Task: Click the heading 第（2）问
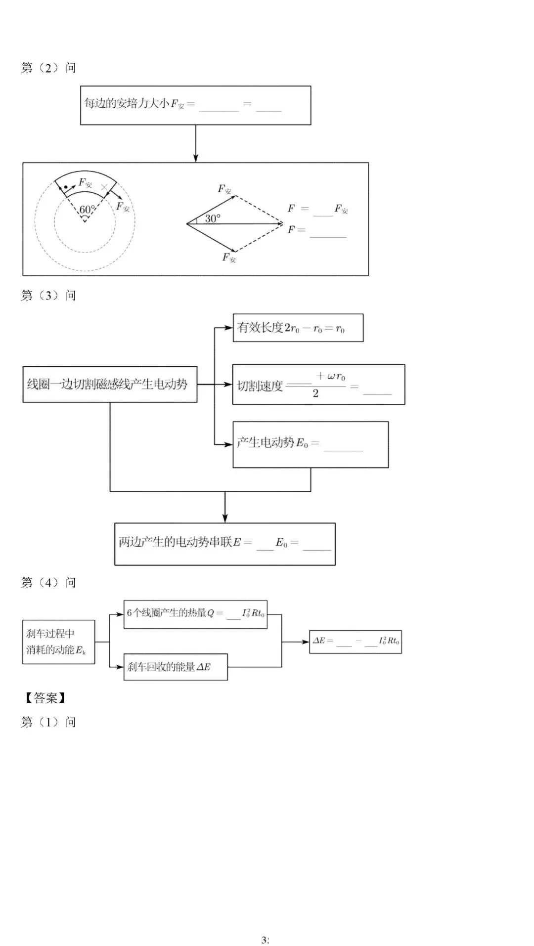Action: coord(48,68)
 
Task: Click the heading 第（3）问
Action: coord(48,296)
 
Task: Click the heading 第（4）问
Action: coord(48,583)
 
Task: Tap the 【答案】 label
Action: coord(45,698)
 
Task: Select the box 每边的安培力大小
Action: coord(195,105)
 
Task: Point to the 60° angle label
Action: coord(87,210)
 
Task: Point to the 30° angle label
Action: coord(213,218)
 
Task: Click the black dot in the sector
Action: coord(66,187)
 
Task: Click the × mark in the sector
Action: coord(104,187)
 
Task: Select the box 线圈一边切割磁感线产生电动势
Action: coord(110,384)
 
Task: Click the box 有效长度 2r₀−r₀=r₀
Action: coord(298,328)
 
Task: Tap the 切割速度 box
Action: coord(318,385)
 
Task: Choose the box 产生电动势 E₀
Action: coord(310,444)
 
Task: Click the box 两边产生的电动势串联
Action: coord(224,544)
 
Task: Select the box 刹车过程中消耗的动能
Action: coord(58,642)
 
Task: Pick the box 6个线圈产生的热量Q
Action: coord(195,614)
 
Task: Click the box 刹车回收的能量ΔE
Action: coord(175,667)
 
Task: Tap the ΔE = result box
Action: coord(355,642)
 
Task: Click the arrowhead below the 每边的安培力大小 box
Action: coord(195,158)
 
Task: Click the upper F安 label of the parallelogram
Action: coord(224,189)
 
